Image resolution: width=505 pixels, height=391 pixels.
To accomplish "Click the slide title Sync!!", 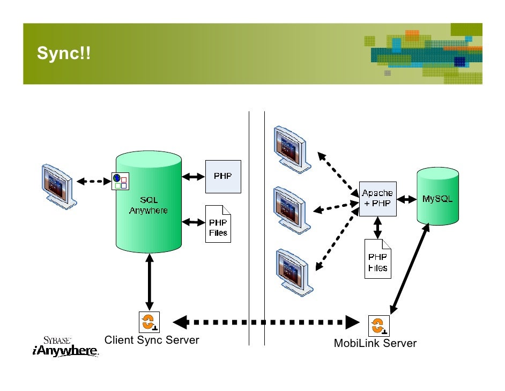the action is [x=63, y=53].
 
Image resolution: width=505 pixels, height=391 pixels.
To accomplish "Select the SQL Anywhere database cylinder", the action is [x=148, y=201].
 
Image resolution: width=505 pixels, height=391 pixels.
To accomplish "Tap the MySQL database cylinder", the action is [x=437, y=196].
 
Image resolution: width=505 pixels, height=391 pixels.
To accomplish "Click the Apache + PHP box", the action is [x=377, y=199].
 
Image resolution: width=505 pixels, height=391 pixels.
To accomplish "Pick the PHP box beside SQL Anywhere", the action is [x=223, y=177].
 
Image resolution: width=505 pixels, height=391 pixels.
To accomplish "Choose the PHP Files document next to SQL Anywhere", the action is [x=218, y=224].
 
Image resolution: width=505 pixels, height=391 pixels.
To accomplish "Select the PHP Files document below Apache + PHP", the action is [x=378, y=259].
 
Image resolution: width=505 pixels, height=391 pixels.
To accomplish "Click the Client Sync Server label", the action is [x=152, y=340].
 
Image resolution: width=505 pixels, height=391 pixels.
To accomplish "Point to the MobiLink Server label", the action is [x=375, y=343].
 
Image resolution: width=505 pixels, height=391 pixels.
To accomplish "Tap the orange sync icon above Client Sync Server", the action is [x=149, y=322].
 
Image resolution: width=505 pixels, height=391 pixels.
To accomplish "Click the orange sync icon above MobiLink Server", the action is [x=378, y=326].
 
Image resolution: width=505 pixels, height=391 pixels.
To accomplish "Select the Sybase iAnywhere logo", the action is [x=66, y=346].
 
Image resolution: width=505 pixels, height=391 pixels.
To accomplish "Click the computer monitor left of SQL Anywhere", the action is [x=58, y=187].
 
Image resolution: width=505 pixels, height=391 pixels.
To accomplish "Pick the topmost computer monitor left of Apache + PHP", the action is [x=292, y=149].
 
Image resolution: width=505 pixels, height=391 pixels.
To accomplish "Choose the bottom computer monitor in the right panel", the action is [x=294, y=272].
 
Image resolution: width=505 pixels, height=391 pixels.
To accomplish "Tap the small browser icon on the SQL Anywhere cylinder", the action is [x=120, y=182].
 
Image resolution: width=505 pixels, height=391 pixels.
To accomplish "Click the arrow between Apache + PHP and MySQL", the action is [x=407, y=199].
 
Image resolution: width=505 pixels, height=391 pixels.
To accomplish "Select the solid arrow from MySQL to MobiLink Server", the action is [x=410, y=269].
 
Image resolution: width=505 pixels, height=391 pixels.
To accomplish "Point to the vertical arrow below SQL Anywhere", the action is [x=149, y=282].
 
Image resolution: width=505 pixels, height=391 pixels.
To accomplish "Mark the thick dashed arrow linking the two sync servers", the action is [x=266, y=322].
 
